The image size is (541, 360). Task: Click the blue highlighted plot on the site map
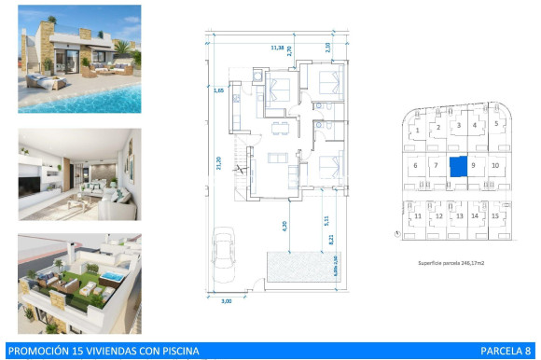point(458,166)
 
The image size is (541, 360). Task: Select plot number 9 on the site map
point(474,166)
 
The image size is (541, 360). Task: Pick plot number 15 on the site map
point(495,216)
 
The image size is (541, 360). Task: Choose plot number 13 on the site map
point(458,216)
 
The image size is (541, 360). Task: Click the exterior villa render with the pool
point(79,59)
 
